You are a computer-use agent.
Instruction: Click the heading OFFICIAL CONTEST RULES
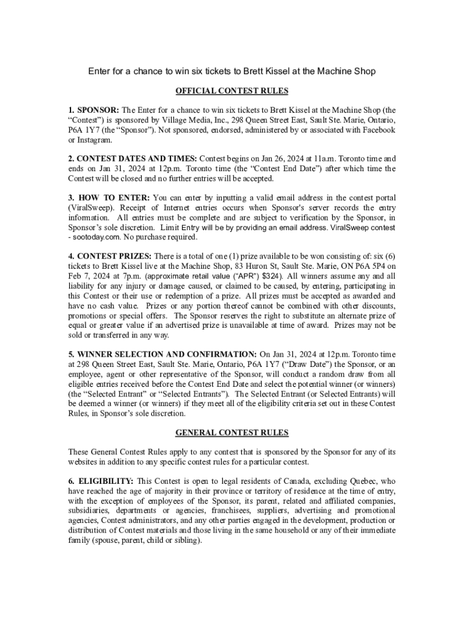231,91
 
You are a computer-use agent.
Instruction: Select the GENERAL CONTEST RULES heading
231,433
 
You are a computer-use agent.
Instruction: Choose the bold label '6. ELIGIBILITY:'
101,481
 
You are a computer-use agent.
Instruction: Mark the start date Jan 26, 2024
276,159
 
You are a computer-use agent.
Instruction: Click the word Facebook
377,130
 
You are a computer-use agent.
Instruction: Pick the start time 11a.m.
327,159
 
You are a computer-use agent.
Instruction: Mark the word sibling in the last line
186,540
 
